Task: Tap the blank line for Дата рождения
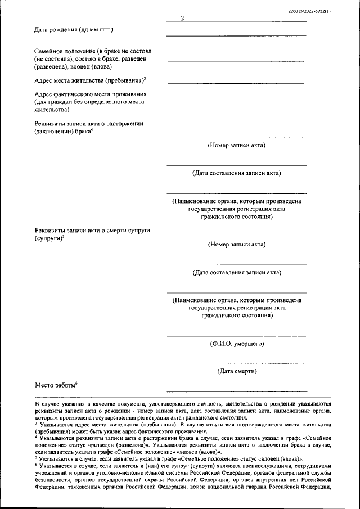pos(236,35)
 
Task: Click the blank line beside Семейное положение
pos(236,61)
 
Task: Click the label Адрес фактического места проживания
pos(90,94)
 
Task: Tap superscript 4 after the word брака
pos(92,130)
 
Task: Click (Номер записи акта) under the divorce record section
pos(236,145)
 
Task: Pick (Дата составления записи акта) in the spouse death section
pos(236,273)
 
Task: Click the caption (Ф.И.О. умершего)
pos(236,343)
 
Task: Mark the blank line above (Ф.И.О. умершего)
pos(236,336)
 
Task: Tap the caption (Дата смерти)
pos(236,371)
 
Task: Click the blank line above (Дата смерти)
pos(236,364)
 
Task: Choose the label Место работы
pos(55,385)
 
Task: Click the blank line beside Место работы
pos(236,390)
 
